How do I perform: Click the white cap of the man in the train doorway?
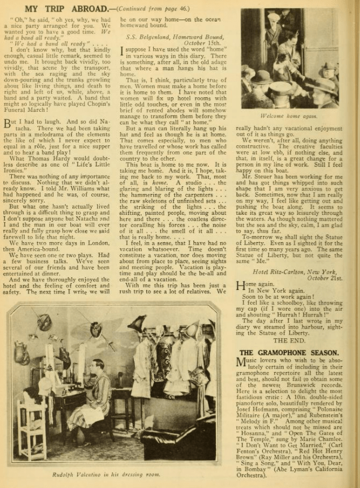[273, 17]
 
